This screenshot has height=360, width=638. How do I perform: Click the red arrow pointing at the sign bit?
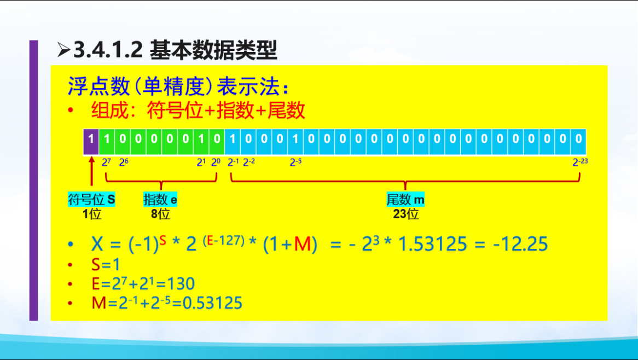pyautogui.click(x=91, y=172)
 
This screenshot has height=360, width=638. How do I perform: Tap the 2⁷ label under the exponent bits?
pyautogui.click(x=106, y=162)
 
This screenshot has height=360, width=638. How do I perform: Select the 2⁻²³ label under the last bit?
pyautogui.click(x=579, y=162)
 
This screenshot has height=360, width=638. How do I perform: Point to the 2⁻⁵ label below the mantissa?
pyautogui.click(x=295, y=162)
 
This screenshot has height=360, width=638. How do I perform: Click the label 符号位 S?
pyautogui.click(x=91, y=200)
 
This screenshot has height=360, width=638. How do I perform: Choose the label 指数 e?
pyautogui.click(x=160, y=200)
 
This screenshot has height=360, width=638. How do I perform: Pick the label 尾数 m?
pyautogui.click(x=405, y=200)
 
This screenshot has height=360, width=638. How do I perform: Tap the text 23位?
pyautogui.click(x=405, y=214)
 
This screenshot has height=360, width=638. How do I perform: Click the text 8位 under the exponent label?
pyautogui.click(x=160, y=214)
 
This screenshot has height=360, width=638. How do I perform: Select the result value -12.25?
pyautogui.click(x=520, y=244)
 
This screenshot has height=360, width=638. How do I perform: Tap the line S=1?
pyautogui.click(x=106, y=265)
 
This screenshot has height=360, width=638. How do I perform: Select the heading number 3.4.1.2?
pyautogui.click(x=108, y=51)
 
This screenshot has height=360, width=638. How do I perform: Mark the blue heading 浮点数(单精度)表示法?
pyautogui.click(x=178, y=86)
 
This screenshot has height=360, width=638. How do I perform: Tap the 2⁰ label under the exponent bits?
pyautogui.click(x=216, y=162)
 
